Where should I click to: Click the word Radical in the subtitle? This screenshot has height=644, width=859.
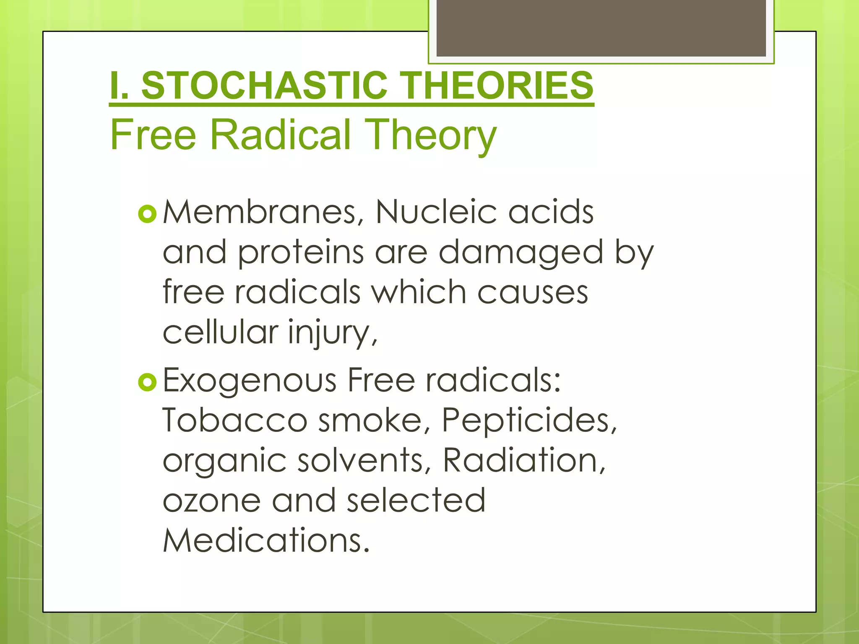pos(280,135)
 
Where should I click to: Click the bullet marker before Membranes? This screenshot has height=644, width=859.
pos(147,214)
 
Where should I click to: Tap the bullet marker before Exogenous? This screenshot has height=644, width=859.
pos(147,382)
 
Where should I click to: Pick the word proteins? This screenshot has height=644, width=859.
pos(301,253)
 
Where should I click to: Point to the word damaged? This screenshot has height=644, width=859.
pos(521,253)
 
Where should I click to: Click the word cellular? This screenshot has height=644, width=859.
pos(220,332)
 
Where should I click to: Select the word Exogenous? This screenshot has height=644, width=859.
pos(249,381)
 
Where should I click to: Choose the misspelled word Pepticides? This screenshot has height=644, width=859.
pos(528,421)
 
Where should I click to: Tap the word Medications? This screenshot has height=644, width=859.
pos(266,540)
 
